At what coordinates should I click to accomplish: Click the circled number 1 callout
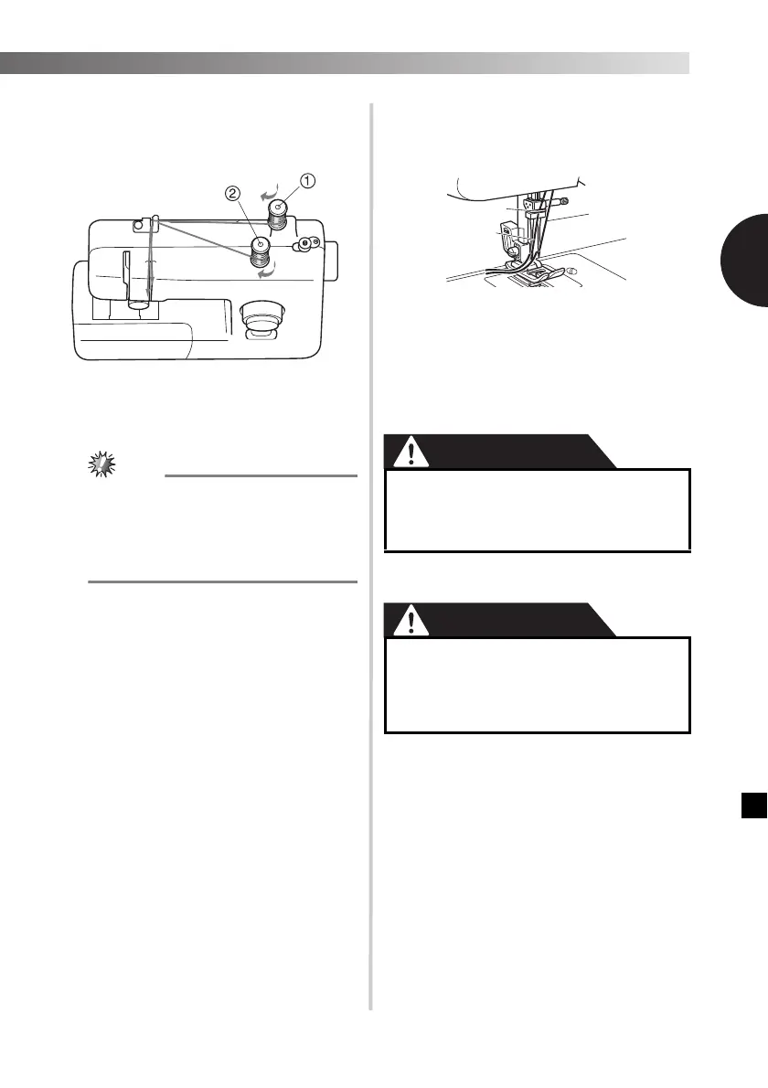pos(308,180)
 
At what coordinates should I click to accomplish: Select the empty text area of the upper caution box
pos(537,510)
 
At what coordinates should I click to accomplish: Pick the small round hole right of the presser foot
pos(572,271)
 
